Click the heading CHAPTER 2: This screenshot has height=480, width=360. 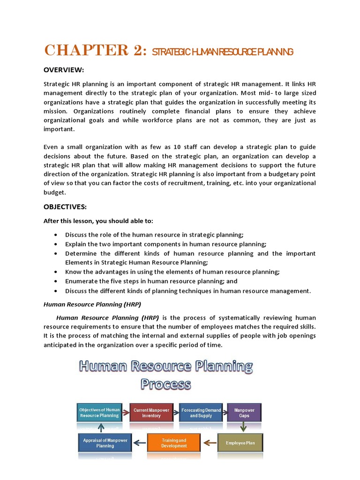96,50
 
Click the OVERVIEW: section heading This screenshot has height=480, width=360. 64,70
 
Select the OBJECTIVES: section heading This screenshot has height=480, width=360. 65,207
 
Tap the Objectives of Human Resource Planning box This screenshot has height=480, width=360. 99,412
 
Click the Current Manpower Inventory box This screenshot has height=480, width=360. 151,412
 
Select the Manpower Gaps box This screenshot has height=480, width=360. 244,412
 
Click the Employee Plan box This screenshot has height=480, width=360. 240,442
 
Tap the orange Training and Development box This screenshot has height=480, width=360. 174,443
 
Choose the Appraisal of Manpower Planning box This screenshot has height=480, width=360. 105,443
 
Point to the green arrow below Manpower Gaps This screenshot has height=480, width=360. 244,427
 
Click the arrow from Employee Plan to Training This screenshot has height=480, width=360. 210,442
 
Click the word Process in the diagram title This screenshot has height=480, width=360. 166,384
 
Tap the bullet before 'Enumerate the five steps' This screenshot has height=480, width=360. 56,281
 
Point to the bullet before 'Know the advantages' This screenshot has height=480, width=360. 56,272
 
